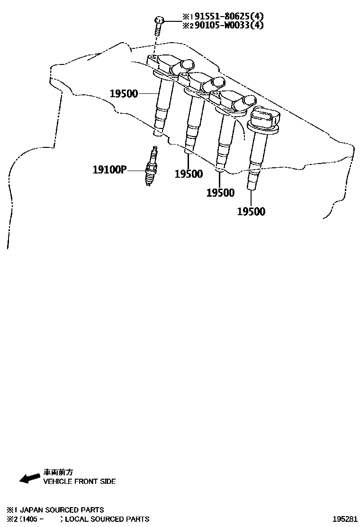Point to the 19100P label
(109, 169)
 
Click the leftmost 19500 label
(124, 93)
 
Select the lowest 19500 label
(251, 211)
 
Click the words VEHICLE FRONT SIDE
(80, 482)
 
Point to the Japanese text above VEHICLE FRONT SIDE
(58, 472)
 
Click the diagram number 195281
(345, 519)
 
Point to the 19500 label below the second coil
(189, 173)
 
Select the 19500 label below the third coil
(220, 192)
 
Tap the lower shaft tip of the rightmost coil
(252, 182)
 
